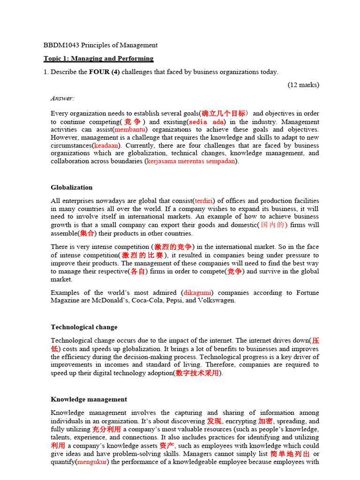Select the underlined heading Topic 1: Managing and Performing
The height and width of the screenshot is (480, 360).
tap(98, 59)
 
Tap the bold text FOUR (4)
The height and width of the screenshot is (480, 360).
tap(105, 72)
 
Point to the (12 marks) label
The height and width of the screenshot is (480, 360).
tap(303, 85)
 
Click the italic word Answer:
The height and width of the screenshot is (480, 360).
tap(63, 98)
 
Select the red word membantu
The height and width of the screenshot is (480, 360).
tap(130, 129)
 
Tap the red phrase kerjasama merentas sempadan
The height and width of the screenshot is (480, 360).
tap(191, 161)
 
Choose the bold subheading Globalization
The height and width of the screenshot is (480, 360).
tap(72, 187)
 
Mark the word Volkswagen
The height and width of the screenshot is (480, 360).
tap(216, 300)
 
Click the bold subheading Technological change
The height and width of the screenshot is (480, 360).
tap(84, 327)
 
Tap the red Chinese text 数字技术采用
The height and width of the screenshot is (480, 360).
tap(197, 373)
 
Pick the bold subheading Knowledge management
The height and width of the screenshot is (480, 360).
tap(89, 399)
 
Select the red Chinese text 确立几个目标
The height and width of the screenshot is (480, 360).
tap(224, 113)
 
